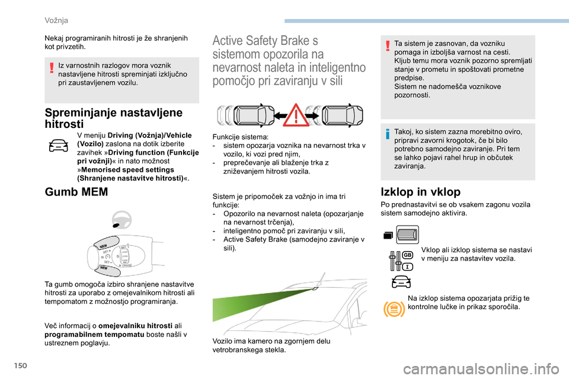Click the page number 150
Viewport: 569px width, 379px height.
[x=21, y=365]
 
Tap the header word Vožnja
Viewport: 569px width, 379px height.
[x=56, y=20]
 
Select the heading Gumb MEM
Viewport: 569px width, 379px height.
[x=76, y=191]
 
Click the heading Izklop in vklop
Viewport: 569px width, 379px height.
[x=421, y=191]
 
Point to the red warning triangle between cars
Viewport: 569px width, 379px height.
[x=296, y=115]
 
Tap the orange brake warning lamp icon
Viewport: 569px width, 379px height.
[x=394, y=309]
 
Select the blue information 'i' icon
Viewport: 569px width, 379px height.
[x=388, y=134]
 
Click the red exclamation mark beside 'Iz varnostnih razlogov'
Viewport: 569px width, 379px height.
[x=52, y=68]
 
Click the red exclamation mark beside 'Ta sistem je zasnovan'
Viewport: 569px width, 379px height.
[x=388, y=46]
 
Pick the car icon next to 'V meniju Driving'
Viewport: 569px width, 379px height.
[x=59, y=146]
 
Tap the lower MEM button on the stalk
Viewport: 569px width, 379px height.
[x=108, y=269]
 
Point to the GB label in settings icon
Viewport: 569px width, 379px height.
[x=408, y=255]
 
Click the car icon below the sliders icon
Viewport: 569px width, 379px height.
[x=401, y=282]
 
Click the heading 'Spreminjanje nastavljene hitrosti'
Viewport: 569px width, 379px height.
[x=114, y=118]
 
